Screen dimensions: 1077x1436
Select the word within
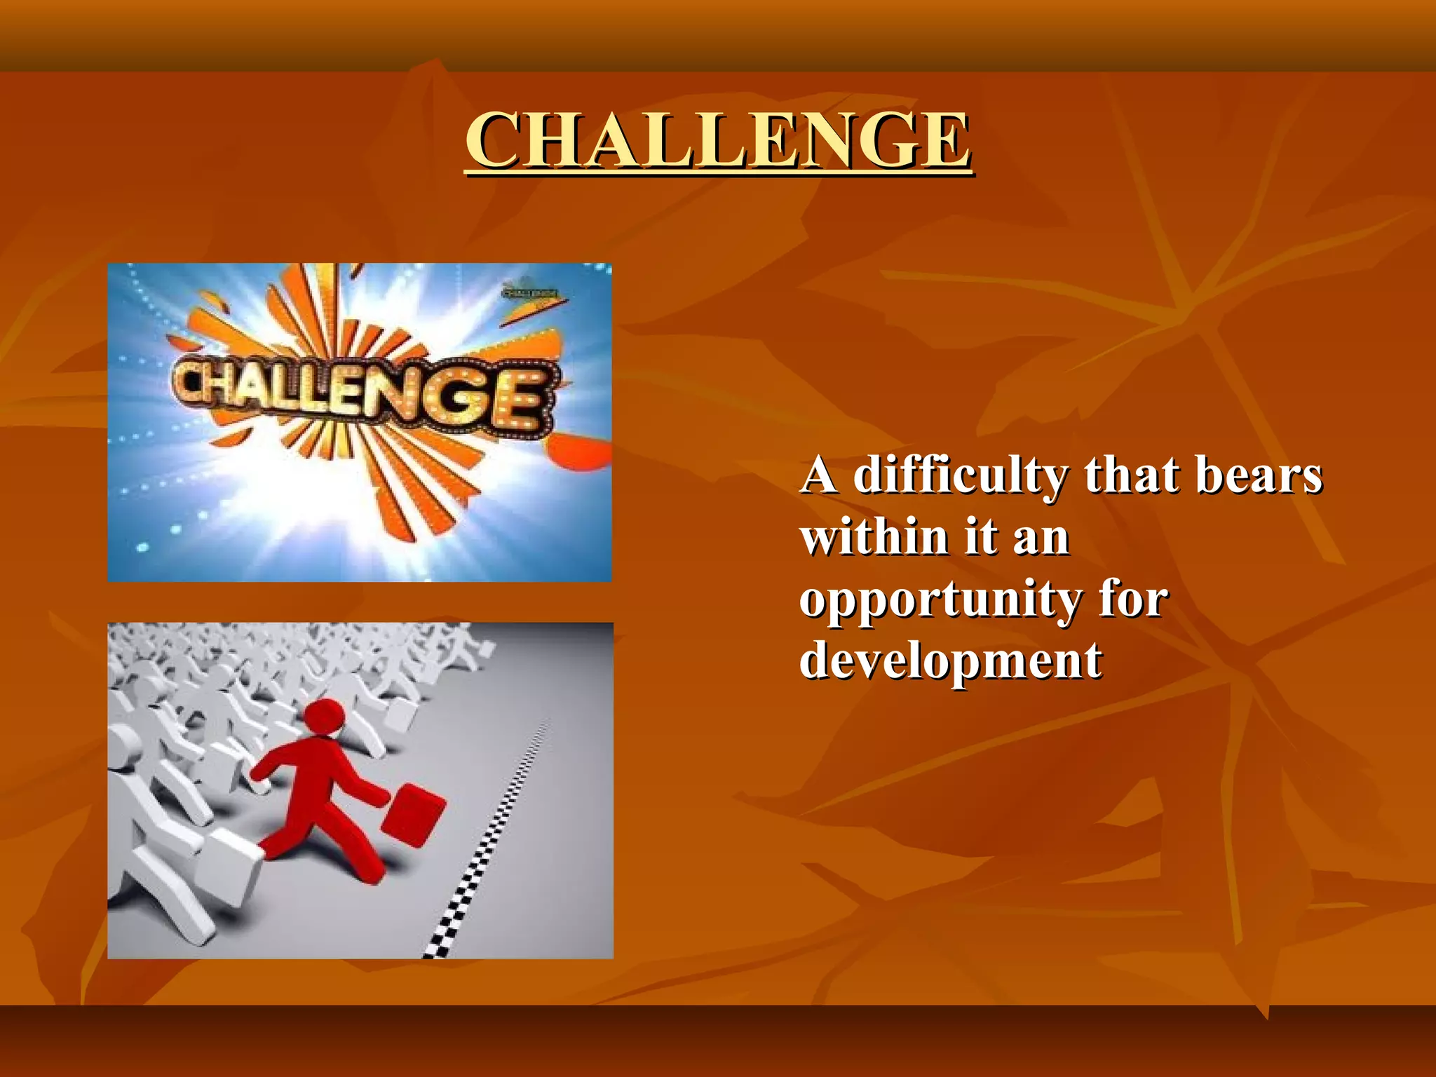[x=874, y=538]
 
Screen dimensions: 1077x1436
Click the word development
[x=950, y=661]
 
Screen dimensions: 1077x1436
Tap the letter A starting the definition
[x=818, y=475]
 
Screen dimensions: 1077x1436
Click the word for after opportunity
[x=1133, y=600]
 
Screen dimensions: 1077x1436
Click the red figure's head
[x=323, y=717]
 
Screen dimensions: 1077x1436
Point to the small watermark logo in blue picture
[x=531, y=291]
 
